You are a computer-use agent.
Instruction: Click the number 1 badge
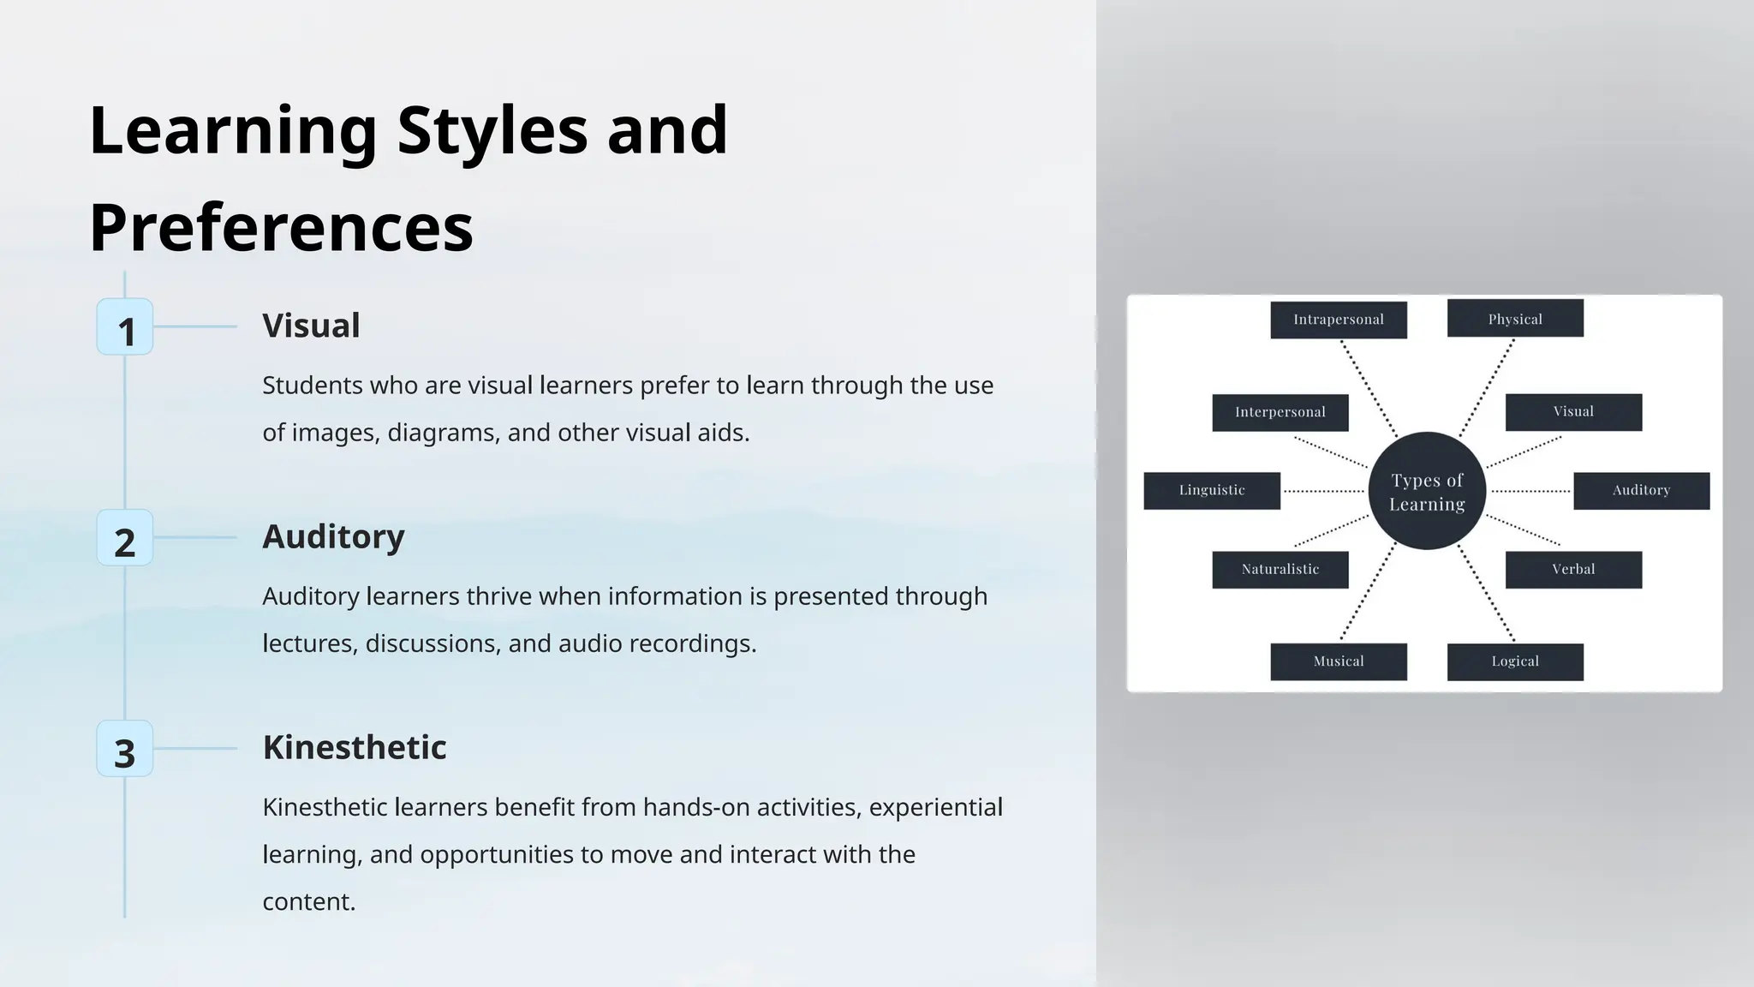(125, 327)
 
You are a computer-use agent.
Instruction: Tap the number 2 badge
(125, 538)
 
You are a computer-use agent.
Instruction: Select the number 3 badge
(125, 749)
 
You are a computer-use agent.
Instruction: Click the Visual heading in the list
(311, 326)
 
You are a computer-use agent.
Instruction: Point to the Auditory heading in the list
(333, 536)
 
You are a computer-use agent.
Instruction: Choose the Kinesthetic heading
(355, 747)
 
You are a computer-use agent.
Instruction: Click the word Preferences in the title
(281, 227)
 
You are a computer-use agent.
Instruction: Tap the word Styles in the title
(492, 129)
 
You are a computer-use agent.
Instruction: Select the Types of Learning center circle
(1427, 491)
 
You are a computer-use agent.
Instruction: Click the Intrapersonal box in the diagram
(1338, 320)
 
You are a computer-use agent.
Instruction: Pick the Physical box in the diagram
(1515, 319)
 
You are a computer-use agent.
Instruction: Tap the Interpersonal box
(1280, 412)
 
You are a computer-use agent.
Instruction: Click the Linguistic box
(1212, 490)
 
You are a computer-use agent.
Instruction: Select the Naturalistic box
(1280, 569)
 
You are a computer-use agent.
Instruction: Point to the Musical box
(1338, 661)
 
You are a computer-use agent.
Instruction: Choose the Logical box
(1515, 661)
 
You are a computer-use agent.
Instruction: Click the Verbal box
(1573, 569)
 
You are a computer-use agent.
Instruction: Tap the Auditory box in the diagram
(1641, 490)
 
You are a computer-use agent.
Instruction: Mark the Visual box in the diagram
(1573, 412)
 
